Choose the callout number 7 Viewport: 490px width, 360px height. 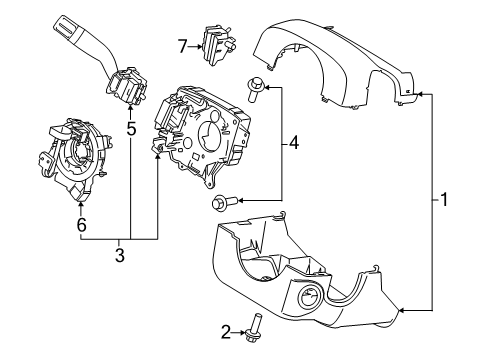point(183,45)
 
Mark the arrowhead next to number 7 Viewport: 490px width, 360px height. point(198,45)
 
